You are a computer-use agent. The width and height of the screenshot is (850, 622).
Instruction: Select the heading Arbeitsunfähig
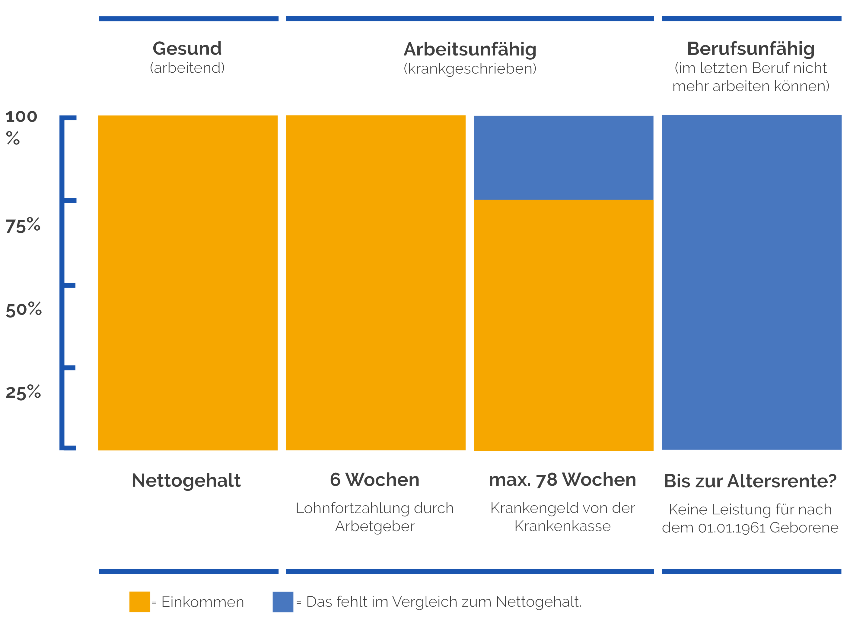470,49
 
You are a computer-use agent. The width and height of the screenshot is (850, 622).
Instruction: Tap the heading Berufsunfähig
751,49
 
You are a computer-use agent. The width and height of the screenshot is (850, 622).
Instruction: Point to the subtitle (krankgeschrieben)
470,68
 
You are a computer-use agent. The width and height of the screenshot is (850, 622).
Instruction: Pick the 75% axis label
23,226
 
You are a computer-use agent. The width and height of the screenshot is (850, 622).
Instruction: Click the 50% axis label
23,310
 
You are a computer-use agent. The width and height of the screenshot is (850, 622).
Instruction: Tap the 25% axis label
23,392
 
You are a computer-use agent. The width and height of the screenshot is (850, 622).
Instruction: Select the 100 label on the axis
21,117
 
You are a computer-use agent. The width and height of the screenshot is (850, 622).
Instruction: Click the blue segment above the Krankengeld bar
563,157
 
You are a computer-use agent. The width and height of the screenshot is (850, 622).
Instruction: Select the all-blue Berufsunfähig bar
752,283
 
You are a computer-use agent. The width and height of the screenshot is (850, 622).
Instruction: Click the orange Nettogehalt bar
188,283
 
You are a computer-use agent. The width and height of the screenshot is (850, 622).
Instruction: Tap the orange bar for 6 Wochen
376,283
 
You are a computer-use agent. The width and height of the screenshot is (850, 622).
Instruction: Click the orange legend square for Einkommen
140,602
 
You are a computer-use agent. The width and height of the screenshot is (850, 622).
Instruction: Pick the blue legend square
283,602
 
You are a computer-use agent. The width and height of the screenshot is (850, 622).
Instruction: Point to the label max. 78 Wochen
562,480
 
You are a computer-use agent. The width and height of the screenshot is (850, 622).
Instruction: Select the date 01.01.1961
732,528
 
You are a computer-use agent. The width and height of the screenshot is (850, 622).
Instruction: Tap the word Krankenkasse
562,526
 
